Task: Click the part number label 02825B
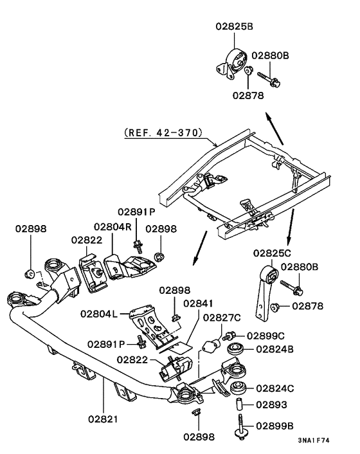pyautogui.click(x=234, y=28)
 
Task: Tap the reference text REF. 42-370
pyautogui.click(x=162, y=134)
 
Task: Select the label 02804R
pyautogui.click(x=113, y=226)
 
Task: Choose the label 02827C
pyautogui.click(x=222, y=317)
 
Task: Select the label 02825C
pyautogui.click(x=271, y=253)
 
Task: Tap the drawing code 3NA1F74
pyautogui.click(x=314, y=441)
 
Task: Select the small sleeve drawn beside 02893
pyautogui.click(x=239, y=405)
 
